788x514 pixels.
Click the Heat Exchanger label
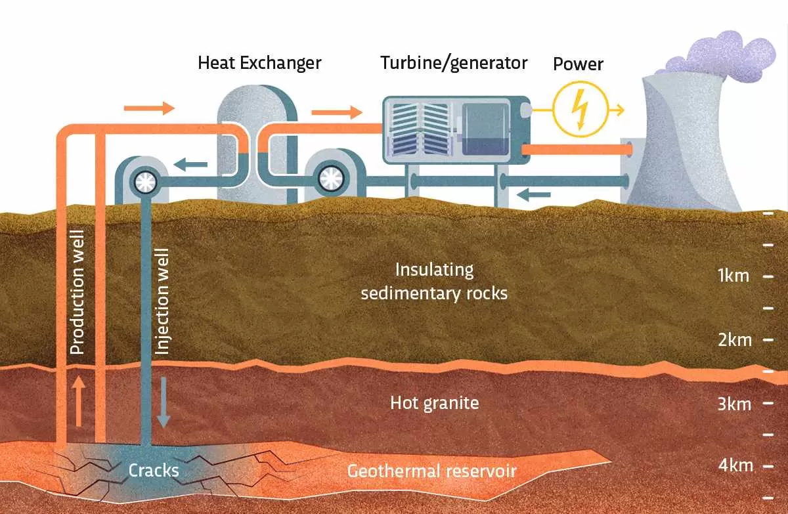pyautogui.click(x=259, y=63)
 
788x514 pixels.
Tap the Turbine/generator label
pyautogui.click(x=454, y=63)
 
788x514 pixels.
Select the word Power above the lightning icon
pyautogui.click(x=578, y=64)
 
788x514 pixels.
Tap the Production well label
pyautogui.click(x=77, y=293)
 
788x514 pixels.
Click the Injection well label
pyautogui.click(x=162, y=301)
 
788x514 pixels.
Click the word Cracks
pyautogui.click(x=154, y=470)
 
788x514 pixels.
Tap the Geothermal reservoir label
pyautogui.click(x=431, y=471)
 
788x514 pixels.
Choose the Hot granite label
pyautogui.click(x=434, y=402)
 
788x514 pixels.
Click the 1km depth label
pyautogui.click(x=733, y=276)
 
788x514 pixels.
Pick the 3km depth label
pyautogui.click(x=734, y=403)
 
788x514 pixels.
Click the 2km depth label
pyautogui.click(x=734, y=340)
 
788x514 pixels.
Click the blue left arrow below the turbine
pyautogui.click(x=531, y=194)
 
